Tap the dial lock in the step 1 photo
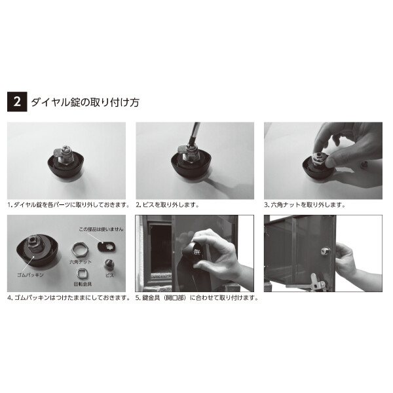pos(66,161)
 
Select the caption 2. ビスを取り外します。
pos(167,204)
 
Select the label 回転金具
pos(83,285)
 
